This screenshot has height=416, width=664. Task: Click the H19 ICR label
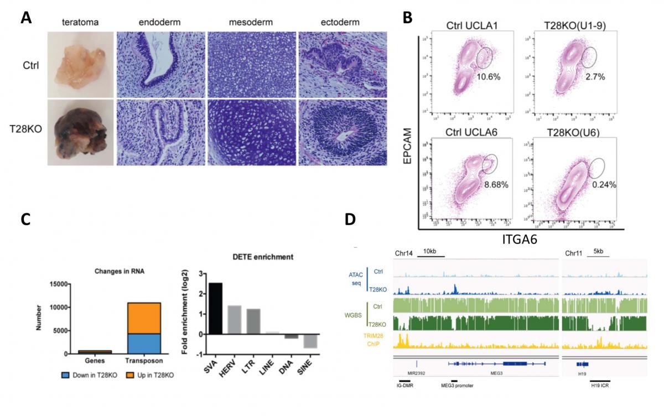[599, 386]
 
